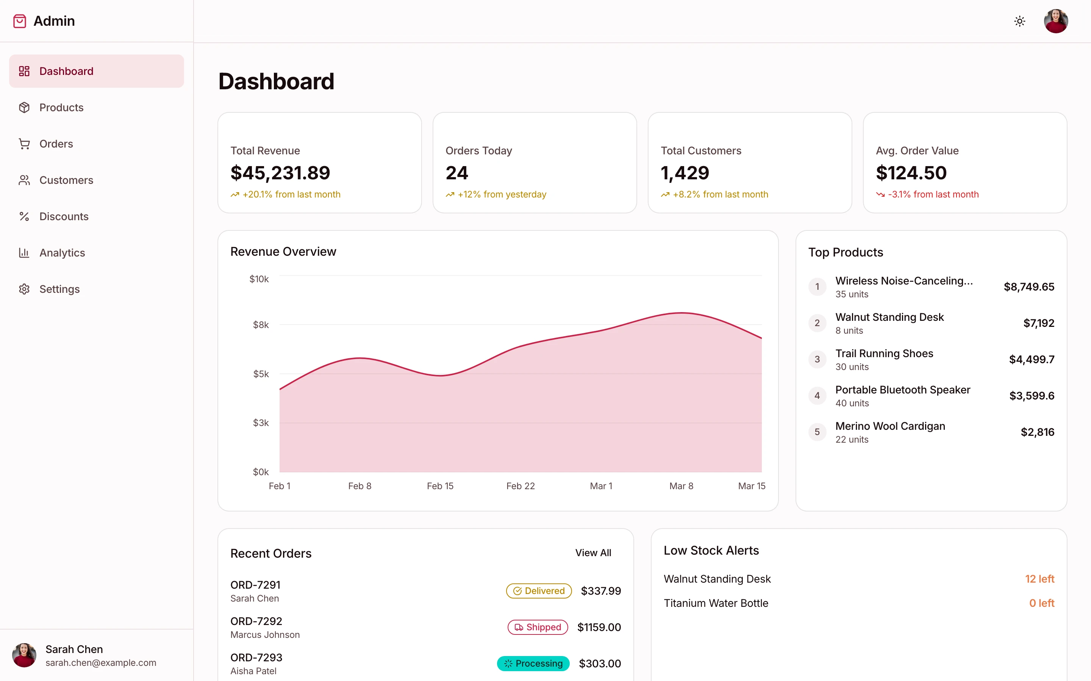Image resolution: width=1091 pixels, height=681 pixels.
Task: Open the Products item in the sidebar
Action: (x=61, y=108)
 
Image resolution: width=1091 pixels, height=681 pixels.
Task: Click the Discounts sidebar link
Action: (x=64, y=217)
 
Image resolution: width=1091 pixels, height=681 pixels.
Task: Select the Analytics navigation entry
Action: (x=62, y=253)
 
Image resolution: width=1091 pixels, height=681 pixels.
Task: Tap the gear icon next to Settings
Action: (x=24, y=289)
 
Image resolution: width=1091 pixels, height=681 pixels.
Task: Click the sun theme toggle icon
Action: (x=1019, y=21)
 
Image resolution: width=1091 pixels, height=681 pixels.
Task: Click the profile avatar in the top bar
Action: (x=1055, y=21)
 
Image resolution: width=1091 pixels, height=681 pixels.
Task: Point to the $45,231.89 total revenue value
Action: (x=280, y=173)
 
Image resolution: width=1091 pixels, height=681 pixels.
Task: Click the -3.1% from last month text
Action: (x=933, y=194)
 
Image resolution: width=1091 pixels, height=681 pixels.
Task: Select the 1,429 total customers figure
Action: (x=685, y=173)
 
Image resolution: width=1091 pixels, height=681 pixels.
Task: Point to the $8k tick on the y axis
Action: (x=261, y=325)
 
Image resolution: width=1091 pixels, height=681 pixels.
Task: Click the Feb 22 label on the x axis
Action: (x=520, y=486)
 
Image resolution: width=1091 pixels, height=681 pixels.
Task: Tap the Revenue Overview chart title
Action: (x=283, y=252)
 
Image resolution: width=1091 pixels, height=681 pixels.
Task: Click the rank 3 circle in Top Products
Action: (x=817, y=359)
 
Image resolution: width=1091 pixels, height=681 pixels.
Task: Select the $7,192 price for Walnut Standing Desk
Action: (x=1038, y=323)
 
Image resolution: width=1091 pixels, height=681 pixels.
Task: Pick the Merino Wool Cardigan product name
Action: (x=890, y=426)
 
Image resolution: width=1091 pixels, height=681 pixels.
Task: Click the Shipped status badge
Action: (x=538, y=627)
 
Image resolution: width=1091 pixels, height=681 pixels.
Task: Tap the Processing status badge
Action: (x=533, y=664)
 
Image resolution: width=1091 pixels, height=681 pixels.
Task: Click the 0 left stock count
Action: (x=1041, y=603)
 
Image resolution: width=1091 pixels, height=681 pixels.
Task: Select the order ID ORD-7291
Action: (x=255, y=585)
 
